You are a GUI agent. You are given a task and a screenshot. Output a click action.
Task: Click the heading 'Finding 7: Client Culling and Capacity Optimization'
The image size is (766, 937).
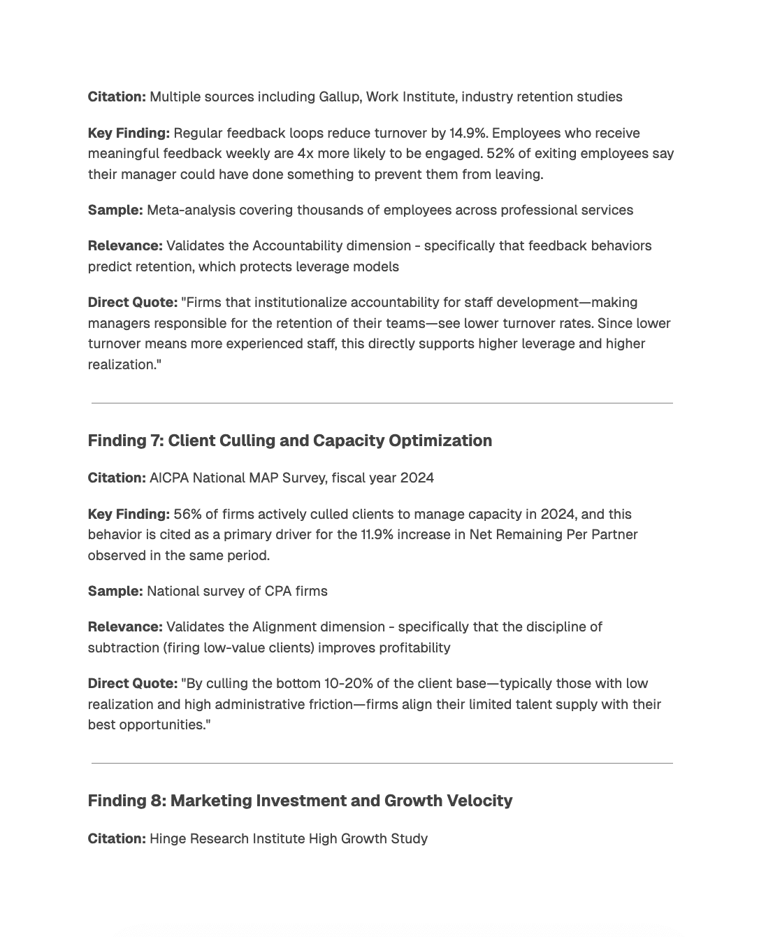[x=289, y=441]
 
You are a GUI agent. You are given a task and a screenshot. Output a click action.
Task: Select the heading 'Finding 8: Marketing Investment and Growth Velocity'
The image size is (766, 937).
[x=300, y=801]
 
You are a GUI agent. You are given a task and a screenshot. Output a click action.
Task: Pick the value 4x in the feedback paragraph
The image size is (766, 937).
[x=305, y=154]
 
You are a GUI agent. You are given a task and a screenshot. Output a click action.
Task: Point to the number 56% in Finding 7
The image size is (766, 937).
[x=187, y=514]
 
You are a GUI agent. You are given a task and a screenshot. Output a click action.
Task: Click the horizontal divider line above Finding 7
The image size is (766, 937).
[x=382, y=403]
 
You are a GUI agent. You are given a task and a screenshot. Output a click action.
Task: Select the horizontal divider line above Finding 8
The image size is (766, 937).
[x=382, y=764]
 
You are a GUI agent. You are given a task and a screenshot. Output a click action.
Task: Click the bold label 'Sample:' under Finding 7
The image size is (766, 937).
[x=115, y=591]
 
